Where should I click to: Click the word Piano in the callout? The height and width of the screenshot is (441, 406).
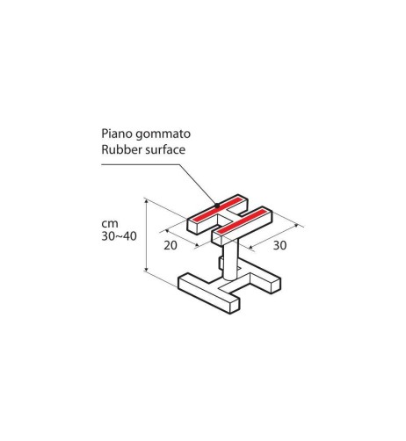[x=116, y=134]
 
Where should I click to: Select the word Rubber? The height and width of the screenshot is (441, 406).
[x=117, y=149]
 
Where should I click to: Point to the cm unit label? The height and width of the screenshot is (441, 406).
[x=110, y=224]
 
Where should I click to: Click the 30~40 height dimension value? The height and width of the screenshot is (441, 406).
[x=119, y=236]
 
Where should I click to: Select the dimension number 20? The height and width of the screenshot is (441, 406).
[x=170, y=245]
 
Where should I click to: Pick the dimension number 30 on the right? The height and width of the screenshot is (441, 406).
[x=279, y=245]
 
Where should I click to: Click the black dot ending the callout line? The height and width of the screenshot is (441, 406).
[x=217, y=206]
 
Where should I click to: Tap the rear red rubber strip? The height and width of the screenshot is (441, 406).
[x=218, y=209]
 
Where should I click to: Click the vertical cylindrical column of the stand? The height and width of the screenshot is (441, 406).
[x=230, y=260]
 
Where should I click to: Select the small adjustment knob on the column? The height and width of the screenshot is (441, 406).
[x=221, y=262]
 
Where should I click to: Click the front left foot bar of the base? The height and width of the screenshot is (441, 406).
[x=209, y=293]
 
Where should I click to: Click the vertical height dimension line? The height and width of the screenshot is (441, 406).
[x=146, y=235]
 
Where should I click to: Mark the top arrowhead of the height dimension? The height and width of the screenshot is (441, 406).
[x=146, y=200]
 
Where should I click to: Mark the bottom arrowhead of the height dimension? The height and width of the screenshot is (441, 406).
[x=146, y=269]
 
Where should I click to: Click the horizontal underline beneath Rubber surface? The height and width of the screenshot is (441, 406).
[x=140, y=164]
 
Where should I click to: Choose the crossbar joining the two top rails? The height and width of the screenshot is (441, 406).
[x=231, y=217]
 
